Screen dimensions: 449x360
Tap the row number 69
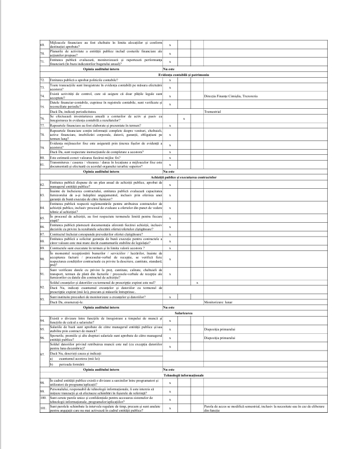[42, 44]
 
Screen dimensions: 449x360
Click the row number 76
[42, 119]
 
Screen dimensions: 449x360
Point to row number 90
[42, 259]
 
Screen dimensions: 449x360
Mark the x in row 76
[183, 119]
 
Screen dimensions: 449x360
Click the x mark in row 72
[169, 80]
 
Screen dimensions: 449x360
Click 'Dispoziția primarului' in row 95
[218, 330]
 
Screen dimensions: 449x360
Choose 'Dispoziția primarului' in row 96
[218, 338]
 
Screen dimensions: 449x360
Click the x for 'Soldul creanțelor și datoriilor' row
[197, 283]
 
